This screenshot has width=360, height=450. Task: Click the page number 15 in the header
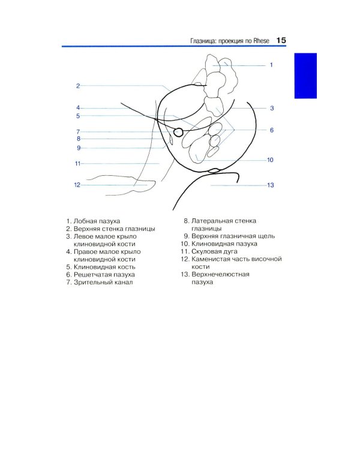click(281, 40)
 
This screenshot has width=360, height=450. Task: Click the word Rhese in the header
click(261, 41)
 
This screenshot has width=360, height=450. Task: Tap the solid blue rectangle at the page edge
click(305, 76)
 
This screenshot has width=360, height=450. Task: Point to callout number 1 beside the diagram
click(271, 65)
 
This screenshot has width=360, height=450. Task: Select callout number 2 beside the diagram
click(78, 86)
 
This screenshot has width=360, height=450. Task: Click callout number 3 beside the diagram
click(272, 108)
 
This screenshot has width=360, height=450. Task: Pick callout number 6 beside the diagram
click(272, 130)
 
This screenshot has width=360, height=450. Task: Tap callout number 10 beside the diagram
click(270, 160)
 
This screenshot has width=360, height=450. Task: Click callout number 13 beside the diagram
click(271, 185)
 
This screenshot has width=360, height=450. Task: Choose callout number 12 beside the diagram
click(77, 185)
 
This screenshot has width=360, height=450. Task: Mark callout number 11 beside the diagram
click(77, 164)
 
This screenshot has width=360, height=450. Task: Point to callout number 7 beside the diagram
click(78, 132)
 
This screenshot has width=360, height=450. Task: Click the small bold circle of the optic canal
click(178, 132)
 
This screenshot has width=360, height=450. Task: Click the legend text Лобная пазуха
click(97, 221)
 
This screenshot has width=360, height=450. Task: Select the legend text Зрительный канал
click(103, 282)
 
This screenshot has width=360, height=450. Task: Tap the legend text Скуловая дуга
click(214, 251)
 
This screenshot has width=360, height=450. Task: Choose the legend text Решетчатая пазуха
click(104, 275)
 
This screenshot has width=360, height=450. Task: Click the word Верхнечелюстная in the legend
click(220, 274)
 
